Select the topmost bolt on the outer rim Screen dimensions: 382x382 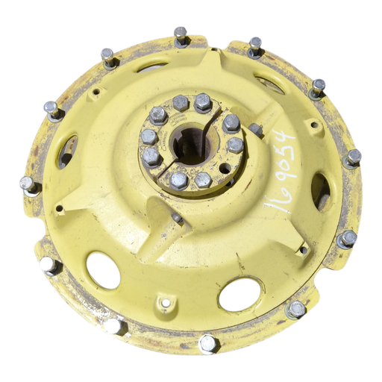coord(181,35)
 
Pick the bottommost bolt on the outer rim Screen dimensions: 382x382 coord(207,343)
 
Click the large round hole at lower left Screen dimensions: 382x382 coord(103,269)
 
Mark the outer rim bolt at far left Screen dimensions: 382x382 coord(27,184)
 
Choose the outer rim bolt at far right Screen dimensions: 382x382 coord(352,157)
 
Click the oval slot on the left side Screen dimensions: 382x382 coord(66,149)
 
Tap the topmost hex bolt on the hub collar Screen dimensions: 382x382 coord(201,101)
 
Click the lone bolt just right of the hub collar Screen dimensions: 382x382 coord(255,128)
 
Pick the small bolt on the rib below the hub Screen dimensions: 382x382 coord(177,218)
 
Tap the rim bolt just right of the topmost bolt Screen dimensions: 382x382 coord(255,46)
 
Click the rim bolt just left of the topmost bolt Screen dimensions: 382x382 coord(109,57)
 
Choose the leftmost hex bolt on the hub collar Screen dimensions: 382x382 coord(148,137)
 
